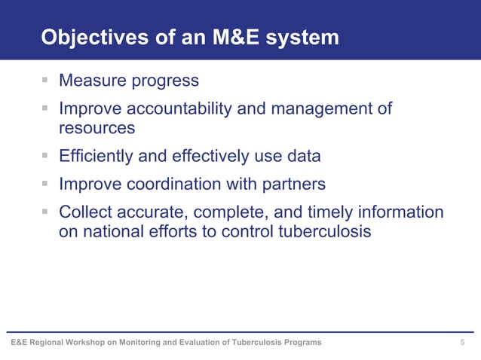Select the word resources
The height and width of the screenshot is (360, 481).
[97, 128]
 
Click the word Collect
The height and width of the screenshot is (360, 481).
[87, 212]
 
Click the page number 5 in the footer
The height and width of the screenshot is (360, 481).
[462, 343]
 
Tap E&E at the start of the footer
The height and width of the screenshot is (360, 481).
[20, 343]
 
